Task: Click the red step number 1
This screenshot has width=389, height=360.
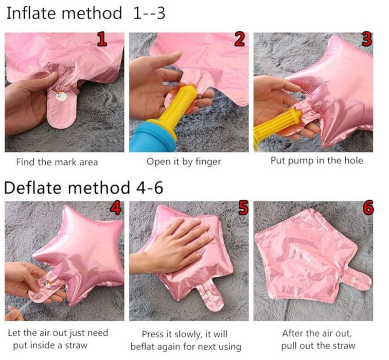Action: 102,40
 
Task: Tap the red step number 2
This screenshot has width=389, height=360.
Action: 239,39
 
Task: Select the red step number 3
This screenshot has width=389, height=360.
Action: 367,39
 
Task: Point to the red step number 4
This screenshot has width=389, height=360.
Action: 116,208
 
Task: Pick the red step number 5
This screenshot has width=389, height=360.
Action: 243,208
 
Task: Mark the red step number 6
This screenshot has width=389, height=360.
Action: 368,208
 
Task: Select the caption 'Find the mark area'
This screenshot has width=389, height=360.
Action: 57,162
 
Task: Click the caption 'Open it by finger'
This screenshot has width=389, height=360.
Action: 184,162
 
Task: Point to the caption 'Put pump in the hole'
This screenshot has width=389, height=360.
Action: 317,160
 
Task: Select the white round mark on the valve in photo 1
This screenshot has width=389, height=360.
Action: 61,96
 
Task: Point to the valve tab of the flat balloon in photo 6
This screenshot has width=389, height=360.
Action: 356,280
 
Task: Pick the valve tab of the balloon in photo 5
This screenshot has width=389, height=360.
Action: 210,297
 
